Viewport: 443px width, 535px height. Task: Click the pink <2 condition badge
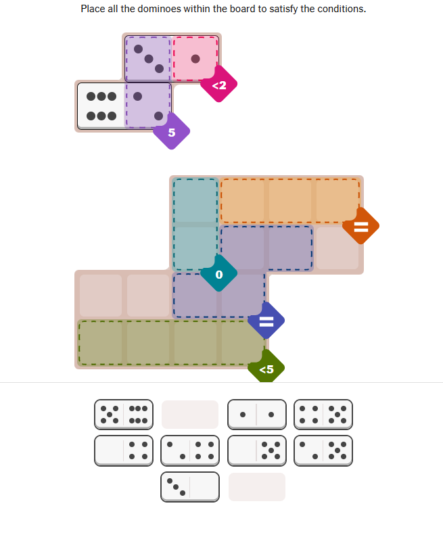[218, 85]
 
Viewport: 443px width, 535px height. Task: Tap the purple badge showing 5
[171, 133]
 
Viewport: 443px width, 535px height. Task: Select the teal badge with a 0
[218, 275]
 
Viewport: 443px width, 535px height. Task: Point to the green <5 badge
[266, 369]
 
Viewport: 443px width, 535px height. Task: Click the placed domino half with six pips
[101, 106]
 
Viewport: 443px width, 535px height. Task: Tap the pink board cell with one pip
[195, 59]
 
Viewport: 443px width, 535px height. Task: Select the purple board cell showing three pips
[148, 59]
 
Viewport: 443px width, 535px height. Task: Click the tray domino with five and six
[123, 414]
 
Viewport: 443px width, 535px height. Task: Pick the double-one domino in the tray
[256, 414]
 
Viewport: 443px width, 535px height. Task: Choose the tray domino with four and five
[323, 414]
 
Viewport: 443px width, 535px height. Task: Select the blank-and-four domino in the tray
[123, 450]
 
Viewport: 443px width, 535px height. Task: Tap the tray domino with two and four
[190, 450]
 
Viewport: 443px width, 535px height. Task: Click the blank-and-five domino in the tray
[256, 450]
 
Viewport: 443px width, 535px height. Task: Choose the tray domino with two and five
[323, 450]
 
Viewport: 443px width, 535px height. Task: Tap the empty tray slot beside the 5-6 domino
[190, 414]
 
